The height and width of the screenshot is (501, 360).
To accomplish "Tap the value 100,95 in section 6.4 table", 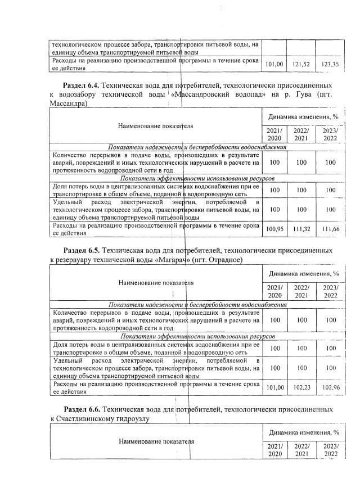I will (273, 229).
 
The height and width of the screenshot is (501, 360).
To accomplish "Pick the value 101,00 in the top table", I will (273, 65).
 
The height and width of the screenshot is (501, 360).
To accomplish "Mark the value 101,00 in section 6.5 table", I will (273, 387).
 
